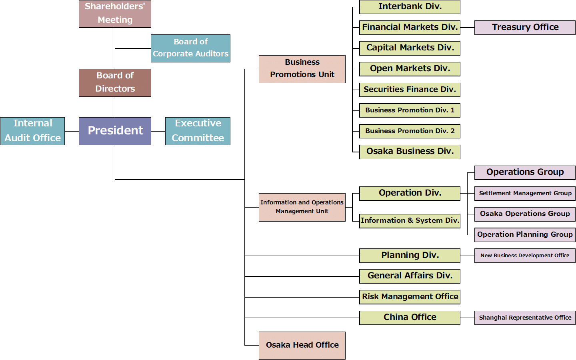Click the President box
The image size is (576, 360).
point(115,131)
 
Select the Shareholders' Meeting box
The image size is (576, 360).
point(115,14)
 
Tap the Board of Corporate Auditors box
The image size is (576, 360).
point(190,48)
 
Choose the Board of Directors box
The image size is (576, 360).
point(115,83)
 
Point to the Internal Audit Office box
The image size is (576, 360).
point(33,131)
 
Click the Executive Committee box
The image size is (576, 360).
point(198,131)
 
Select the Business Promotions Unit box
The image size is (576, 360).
point(302,69)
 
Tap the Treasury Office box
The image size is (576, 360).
point(525,28)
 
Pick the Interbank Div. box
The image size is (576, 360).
point(410,7)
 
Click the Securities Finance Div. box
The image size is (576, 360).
point(410,90)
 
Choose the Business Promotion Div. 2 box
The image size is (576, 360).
point(410,131)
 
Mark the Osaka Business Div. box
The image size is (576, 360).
point(410,152)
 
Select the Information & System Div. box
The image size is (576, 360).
point(410,221)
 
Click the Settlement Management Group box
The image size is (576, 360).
point(525,193)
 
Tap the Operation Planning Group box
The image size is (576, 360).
point(525,235)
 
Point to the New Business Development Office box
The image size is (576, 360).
point(525,256)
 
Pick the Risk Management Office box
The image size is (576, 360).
point(410,297)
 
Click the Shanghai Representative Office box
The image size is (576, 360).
point(525,318)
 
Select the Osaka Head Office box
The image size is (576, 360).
point(302,346)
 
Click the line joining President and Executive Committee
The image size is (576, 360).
point(158,131)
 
